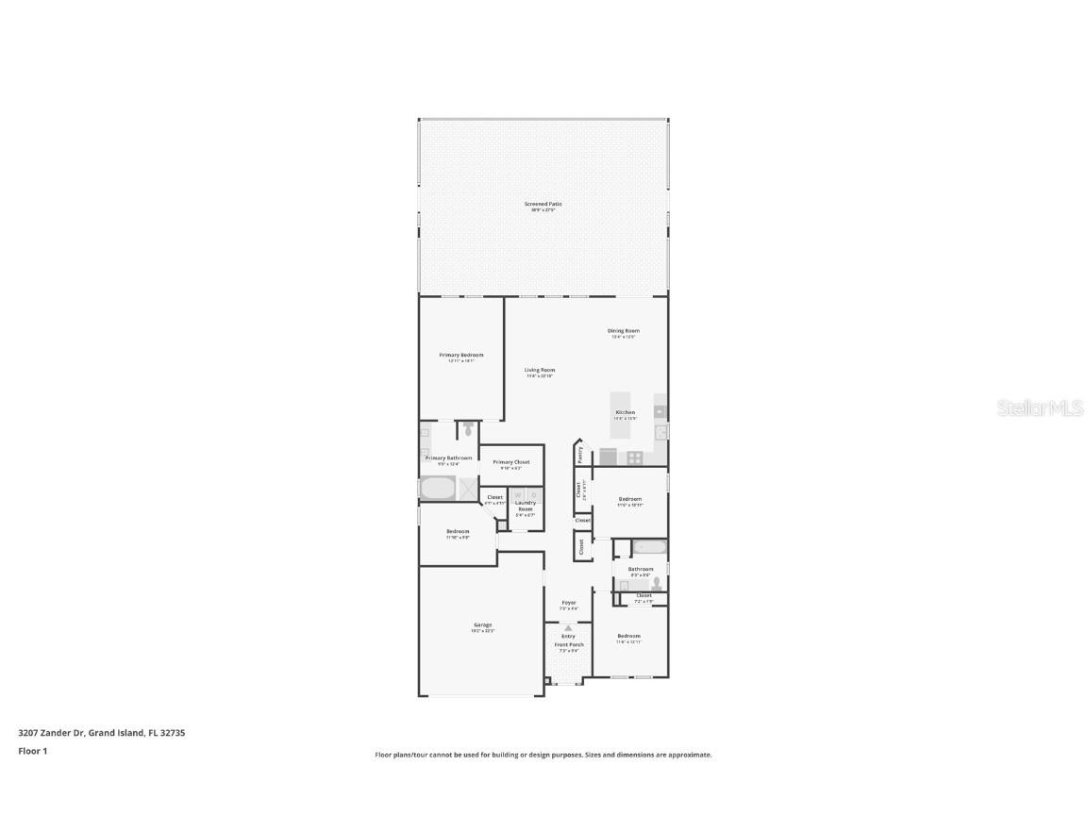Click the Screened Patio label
[543, 204]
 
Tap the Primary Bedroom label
[461, 355]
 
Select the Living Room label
[541, 370]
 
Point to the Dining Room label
[624, 331]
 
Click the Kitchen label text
[626, 412]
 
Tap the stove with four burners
[635, 457]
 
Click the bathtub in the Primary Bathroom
[437, 489]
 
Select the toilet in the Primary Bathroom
[468, 428]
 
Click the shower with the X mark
[468, 488]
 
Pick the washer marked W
[518, 495]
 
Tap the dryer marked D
[533, 495]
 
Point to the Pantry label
[579, 454]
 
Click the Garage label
[482, 625]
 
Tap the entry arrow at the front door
[568, 627]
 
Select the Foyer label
[569, 603]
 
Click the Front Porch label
[569, 645]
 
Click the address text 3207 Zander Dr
[51, 732]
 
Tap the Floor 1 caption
[32, 751]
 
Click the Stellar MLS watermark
[1039, 408]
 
